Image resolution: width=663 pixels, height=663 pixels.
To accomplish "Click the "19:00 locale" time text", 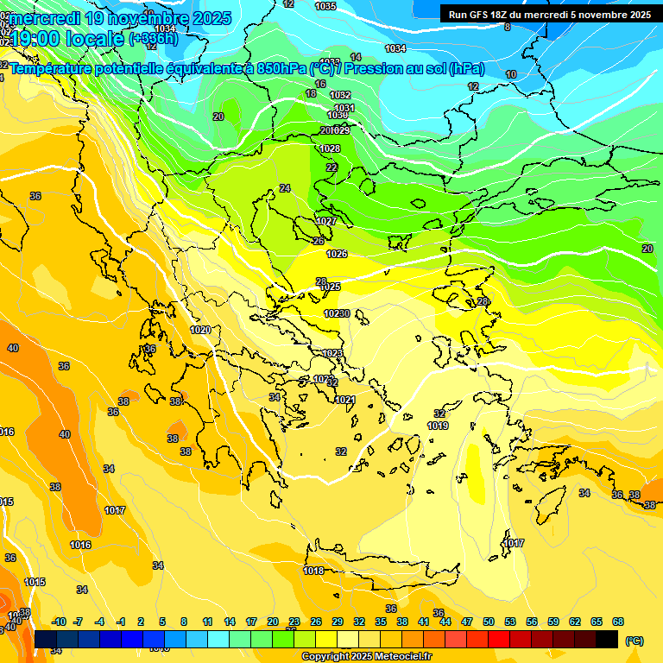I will pyautogui.click(x=69, y=38).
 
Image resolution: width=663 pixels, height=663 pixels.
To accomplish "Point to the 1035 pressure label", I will pyautogui.click(x=325, y=6).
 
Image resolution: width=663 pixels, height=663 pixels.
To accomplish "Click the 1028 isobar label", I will pyautogui.click(x=330, y=148).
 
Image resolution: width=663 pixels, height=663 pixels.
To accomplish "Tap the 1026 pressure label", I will pyautogui.click(x=337, y=254).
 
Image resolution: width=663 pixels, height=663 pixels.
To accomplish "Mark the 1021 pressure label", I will pyautogui.click(x=345, y=400).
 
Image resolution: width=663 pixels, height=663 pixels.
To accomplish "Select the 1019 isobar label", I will pyautogui.click(x=438, y=426).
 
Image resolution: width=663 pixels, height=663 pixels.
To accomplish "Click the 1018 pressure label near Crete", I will pyautogui.click(x=313, y=571).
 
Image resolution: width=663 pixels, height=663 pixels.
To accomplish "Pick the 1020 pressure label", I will pyautogui.click(x=200, y=330).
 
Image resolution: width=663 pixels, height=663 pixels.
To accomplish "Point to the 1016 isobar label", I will pyautogui.click(x=80, y=545).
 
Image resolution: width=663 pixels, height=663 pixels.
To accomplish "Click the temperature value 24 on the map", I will pyautogui.click(x=285, y=188).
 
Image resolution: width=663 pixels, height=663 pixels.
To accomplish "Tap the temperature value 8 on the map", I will pyautogui.click(x=507, y=27).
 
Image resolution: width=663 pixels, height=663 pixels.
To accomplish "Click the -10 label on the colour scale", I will pyautogui.click(x=59, y=622).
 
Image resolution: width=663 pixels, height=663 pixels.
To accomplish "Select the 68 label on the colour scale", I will pyautogui.click(x=618, y=622).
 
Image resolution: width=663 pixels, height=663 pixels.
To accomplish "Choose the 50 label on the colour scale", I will pyautogui.click(x=489, y=622).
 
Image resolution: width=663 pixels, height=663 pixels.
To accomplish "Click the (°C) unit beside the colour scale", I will pyautogui.click(x=634, y=641).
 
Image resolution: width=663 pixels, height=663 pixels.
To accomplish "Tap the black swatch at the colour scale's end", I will pyautogui.click(x=607, y=639).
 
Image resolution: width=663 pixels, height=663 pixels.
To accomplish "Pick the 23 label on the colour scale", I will pyautogui.click(x=294, y=622).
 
